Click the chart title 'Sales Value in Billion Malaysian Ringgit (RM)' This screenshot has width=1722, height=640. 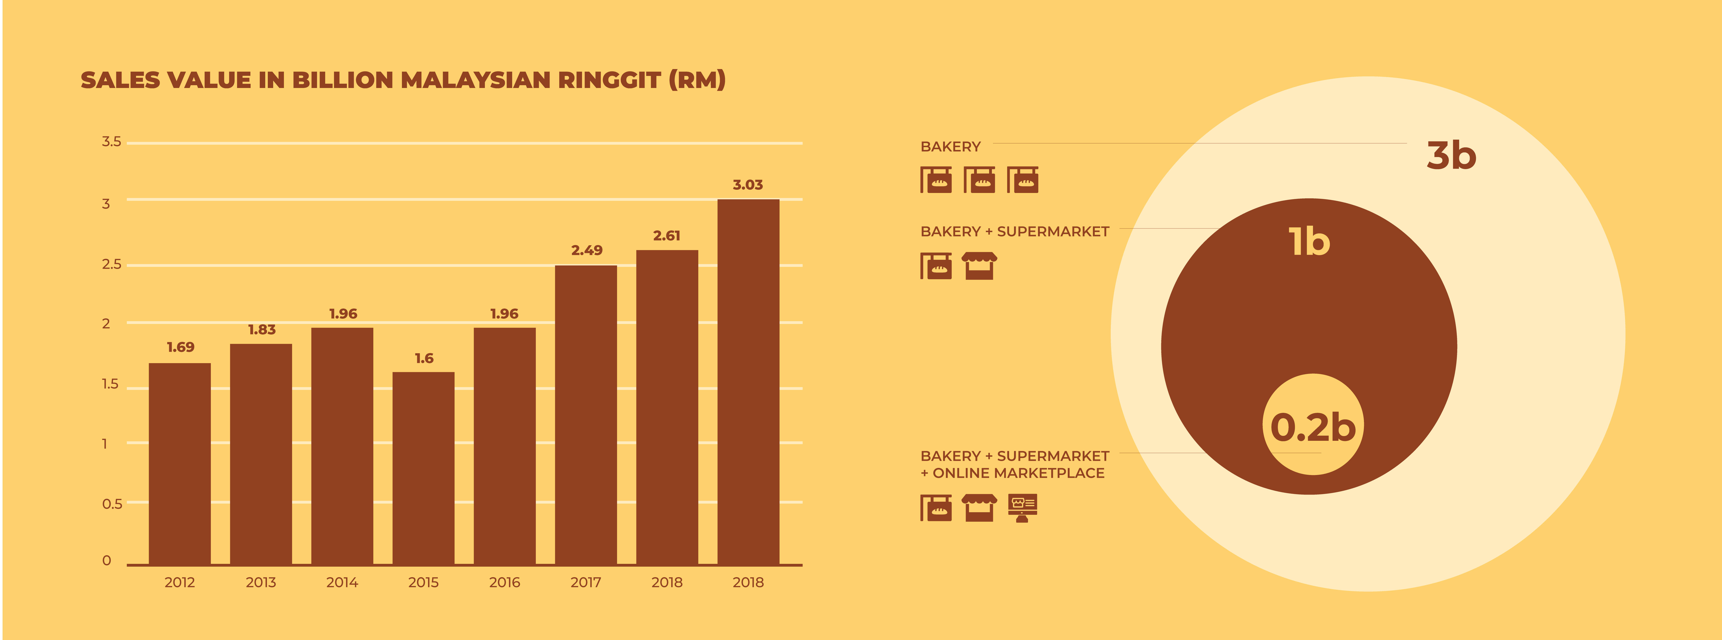click(x=403, y=80)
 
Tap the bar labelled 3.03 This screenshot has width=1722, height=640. click(x=748, y=382)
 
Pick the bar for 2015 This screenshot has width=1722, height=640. click(x=423, y=468)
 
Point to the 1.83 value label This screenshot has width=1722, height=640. click(x=261, y=330)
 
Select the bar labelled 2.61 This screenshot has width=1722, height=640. click(x=667, y=407)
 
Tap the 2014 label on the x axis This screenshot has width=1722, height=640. click(x=342, y=583)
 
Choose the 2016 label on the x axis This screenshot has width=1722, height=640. click(x=505, y=583)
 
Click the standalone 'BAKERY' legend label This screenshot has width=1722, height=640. click(x=951, y=147)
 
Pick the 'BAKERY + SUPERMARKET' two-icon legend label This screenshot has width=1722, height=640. click(x=1015, y=231)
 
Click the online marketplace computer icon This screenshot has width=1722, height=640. click(x=1022, y=508)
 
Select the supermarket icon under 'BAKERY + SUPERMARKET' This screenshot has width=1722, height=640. click(x=979, y=265)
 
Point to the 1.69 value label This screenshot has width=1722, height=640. click(x=181, y=347)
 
